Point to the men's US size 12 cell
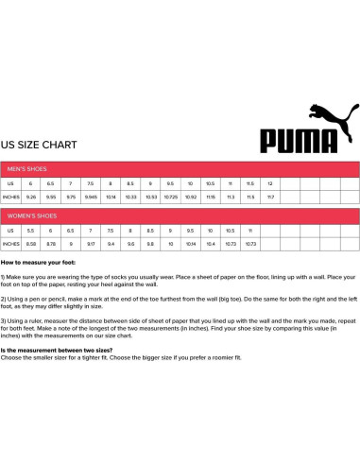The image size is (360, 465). [x=270, y=182]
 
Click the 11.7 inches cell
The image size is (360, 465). [x=270, y=197]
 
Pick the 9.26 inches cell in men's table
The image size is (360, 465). [x=31, y=197]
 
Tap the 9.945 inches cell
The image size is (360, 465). [x=91, y=197]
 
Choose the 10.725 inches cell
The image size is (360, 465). [x=171, y=197]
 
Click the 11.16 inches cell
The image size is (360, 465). [x=210, y=197]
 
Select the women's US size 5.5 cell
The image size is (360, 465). [x=31, y=230]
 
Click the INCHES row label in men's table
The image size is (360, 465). [x=11, y=197]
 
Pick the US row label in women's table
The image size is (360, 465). [x=9, y=230]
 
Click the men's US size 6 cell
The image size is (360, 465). [x=31, y=182]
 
